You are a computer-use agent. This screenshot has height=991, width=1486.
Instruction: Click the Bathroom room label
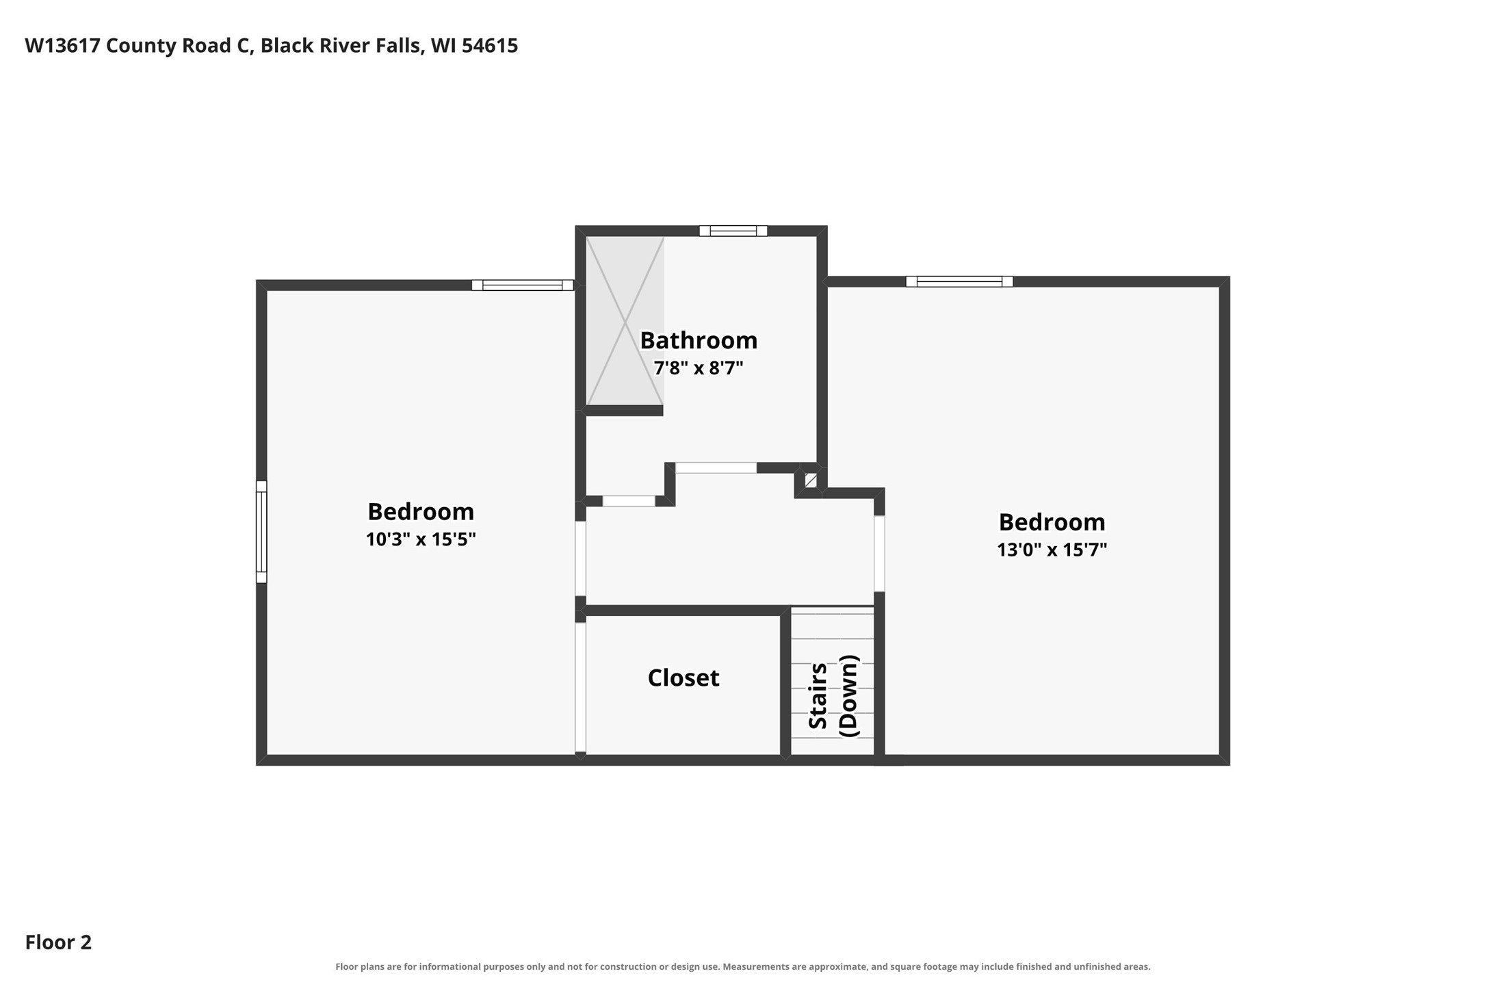click(699, 340)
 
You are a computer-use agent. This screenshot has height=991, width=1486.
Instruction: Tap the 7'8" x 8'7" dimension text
click(699, 368)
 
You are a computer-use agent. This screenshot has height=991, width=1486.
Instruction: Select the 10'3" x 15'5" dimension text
click(421, 539)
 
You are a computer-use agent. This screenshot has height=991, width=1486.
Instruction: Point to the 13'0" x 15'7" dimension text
click(1052, 550)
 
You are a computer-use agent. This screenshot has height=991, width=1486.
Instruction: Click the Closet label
click(683, 678)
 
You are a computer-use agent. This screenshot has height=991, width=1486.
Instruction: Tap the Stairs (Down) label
click(833, 696)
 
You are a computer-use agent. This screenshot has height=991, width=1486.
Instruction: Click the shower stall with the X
click(625, 321)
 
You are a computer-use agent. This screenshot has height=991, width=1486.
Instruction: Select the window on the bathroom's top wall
click(733, 231)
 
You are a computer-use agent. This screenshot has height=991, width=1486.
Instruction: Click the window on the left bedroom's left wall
click(261, 532)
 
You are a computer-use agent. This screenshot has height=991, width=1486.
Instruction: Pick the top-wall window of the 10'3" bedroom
click(523, 285)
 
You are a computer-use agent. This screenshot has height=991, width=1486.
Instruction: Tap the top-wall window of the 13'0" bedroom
click(959, 281)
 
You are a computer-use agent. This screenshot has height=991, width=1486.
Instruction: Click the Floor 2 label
click(58, 942)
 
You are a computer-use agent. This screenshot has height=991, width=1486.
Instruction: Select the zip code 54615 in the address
click(490, 46)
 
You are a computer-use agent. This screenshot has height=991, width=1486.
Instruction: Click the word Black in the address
click(283, 46)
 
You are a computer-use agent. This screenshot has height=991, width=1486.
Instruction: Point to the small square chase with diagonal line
click(811, 480)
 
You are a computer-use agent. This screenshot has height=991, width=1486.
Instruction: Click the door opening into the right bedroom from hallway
click(880, 554)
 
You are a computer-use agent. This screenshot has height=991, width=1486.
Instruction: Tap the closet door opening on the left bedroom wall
click(580, 687)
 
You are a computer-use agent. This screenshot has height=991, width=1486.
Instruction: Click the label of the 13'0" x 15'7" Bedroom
click(1052, 522)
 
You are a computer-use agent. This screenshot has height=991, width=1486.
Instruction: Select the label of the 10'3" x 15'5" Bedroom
click(421, 511)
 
